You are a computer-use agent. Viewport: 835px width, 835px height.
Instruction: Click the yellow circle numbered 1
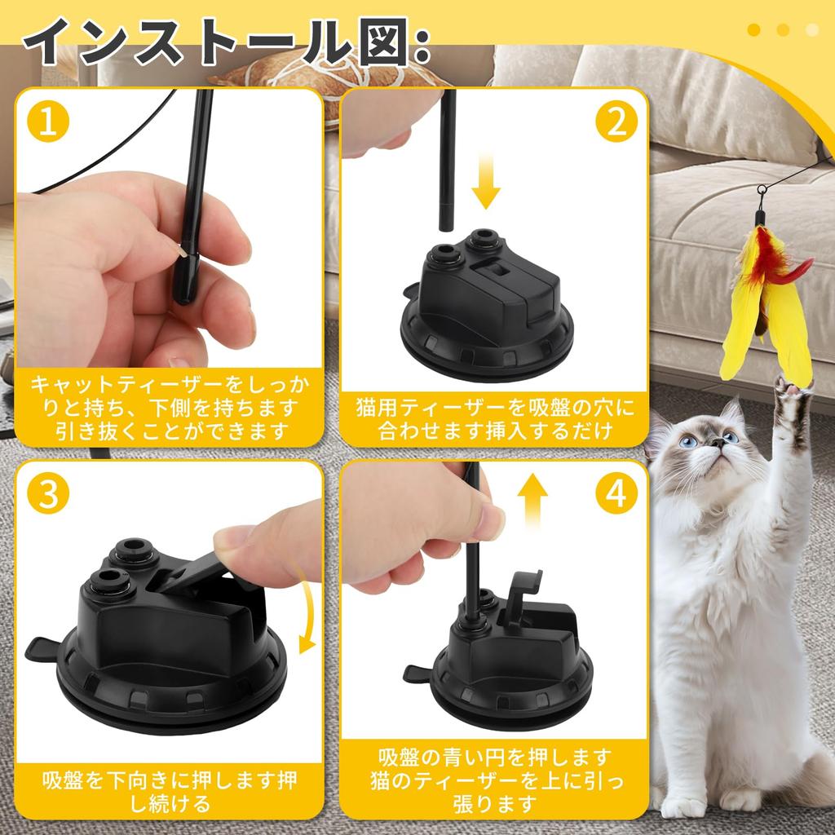coord(48,122)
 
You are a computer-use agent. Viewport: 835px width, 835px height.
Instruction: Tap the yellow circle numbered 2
coord(616,122)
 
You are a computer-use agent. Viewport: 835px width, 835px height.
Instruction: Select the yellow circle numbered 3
coord(48,493)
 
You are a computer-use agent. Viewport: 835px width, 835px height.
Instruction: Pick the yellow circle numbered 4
coord(616,493)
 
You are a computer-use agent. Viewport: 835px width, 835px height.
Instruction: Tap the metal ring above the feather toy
coord(762,189)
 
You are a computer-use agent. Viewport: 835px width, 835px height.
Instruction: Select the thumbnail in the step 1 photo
coord(183,249)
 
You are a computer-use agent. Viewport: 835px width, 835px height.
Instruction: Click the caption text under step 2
coord(494,419)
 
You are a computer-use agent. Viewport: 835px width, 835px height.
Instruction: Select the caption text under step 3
coord(170,792)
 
